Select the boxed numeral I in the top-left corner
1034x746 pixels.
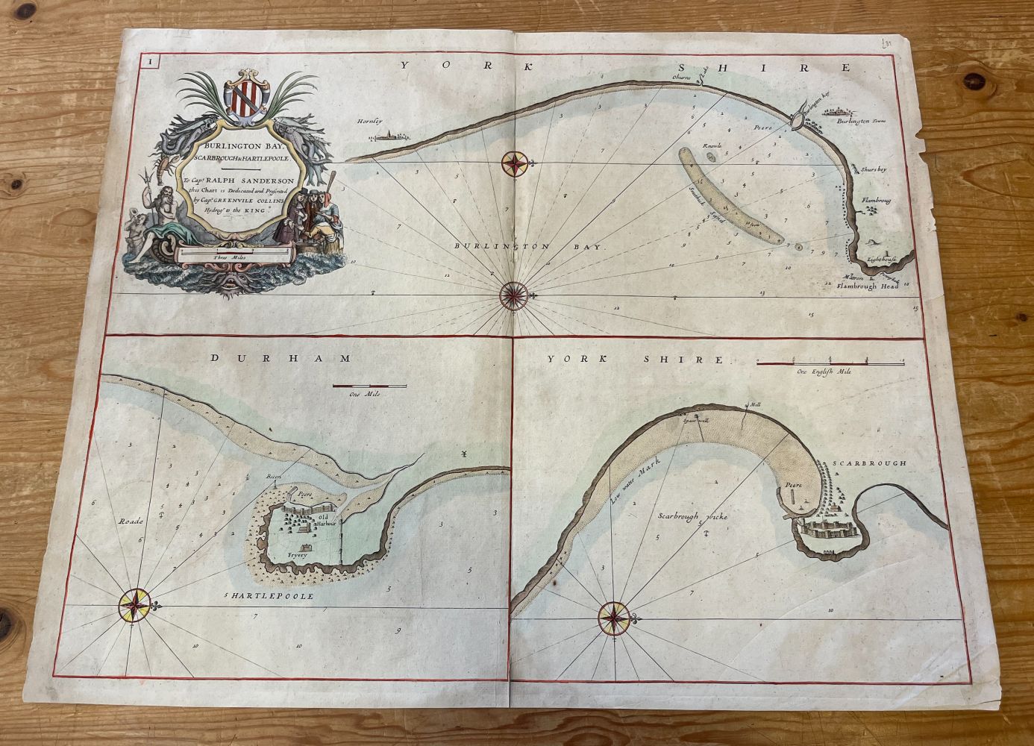148,64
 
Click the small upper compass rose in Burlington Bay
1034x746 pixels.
514,165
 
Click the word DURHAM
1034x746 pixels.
280,359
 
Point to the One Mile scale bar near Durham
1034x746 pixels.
370,386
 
